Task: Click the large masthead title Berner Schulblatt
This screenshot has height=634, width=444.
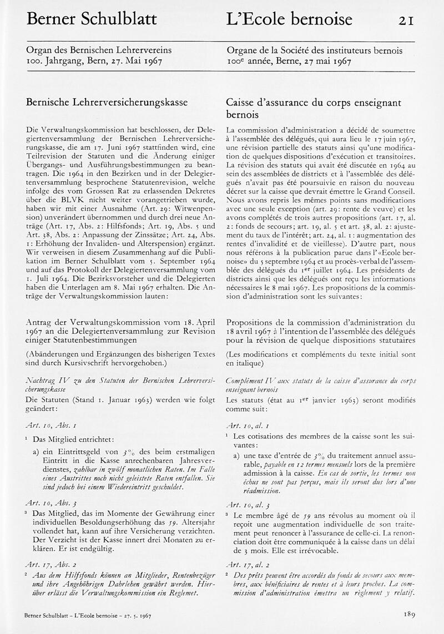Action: (x=92, y=19)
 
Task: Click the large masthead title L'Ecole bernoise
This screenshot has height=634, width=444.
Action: (x=289, y=19)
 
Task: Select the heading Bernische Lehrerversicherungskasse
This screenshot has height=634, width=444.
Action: (x=107, y=103)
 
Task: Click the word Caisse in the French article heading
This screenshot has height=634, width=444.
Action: (x=243, y=103)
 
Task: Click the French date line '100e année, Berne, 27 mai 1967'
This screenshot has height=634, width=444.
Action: (x=289, y=61)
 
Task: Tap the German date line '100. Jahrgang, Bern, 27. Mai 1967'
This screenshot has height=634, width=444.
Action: (x=94, y=61)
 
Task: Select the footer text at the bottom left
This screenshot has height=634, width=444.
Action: (x=89, y=616)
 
